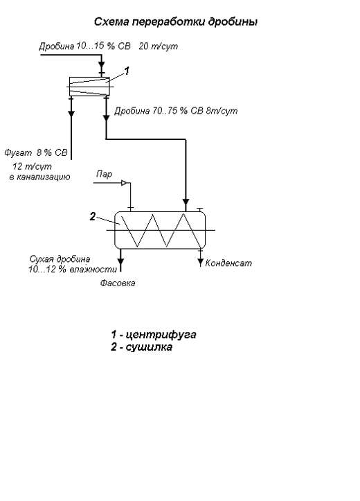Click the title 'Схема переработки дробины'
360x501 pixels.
pos(176,22)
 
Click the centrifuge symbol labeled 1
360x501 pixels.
pos(89,87)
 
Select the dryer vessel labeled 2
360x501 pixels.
pos(160,230)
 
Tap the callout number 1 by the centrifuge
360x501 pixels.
pos(127,71)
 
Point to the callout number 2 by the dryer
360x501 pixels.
pos(93,217)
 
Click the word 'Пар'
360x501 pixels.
pos(105,174)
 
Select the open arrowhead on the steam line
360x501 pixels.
pos(124,183)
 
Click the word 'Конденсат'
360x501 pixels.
pos(228,263)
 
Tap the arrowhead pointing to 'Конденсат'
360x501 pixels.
pos(200,263)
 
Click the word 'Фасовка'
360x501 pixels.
pos(118,283)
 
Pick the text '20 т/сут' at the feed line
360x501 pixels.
pos(159,46)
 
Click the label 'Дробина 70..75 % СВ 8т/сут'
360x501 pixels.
pos(176,111)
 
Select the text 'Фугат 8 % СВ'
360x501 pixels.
pos(36,152)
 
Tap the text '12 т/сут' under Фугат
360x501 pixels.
pos(33,166)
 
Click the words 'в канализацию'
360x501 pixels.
pos(39,177)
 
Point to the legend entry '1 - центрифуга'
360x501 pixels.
pos(154,335)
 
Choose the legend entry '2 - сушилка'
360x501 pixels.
pos(141,347)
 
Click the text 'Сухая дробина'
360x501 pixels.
pos(60,258)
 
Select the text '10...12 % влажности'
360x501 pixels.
pos(73,270)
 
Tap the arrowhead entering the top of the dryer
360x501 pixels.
pos(186,202)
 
